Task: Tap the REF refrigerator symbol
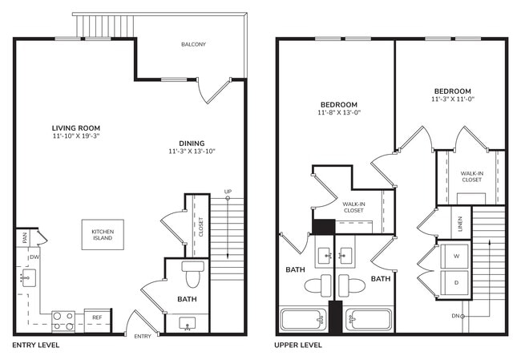pyautogui.click(x=96, y=318)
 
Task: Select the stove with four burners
pyautogui.click(x=63, y=322)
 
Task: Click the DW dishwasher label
pyautogui.click(x=34, y=257)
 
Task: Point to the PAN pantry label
pyautogui.click(x=25, y=237)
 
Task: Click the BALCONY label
pyautogui.click(x=193, y=44)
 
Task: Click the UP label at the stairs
pyautogui.click(x=228, y=192)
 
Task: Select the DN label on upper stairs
pyautogui.click(x=455, y=317)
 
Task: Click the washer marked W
pyautogui.click(x=456, y=257)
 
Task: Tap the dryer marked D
pyautogui.click(x=456, y=283)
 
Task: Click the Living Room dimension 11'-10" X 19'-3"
pyautogui.click(x=75, y=136)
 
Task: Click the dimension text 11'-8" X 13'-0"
pyautogui.click(x=339, y=113)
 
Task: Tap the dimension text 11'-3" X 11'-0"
pyautogui.click(x=454, y=99)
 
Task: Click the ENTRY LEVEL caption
pyautogui.click(x=35, y=346)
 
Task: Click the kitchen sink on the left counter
pyautogui.click(x=26, y=279)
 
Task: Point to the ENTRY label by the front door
pyautogui.click(x=143, y=336)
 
